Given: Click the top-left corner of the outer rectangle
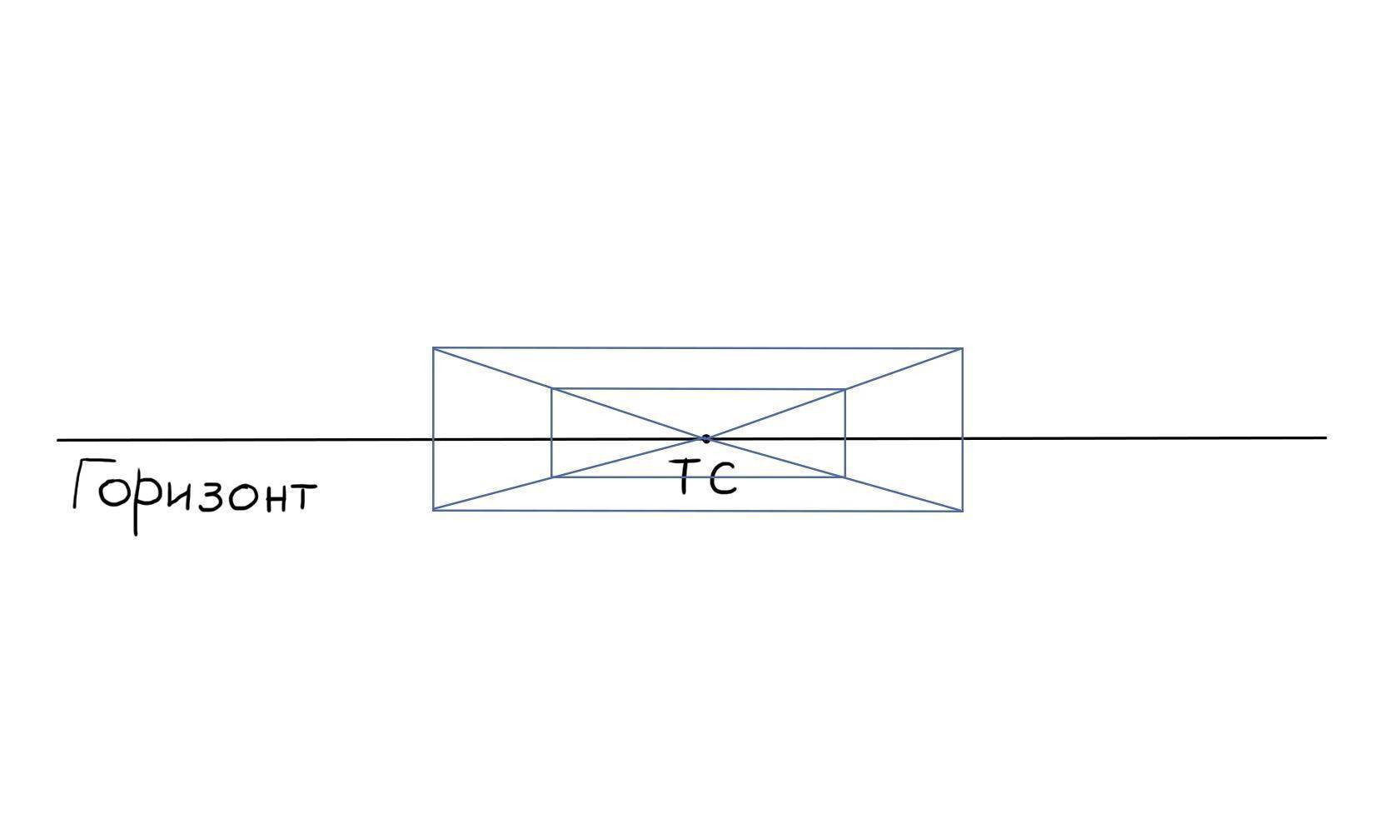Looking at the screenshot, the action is pyautogui.click(x=433, y=348).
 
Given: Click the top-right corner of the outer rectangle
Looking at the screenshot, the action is pyautogui.click(x=962, y=349).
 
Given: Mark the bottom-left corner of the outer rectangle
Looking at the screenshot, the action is pyautogui.click(x=433, y=510).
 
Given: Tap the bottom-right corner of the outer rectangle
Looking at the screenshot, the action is pyautogui.click(x=962, y=511).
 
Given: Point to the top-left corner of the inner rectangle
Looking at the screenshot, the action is pyautogui.click(x=552, y=389).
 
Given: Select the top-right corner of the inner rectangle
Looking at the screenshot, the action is pyautogui.click(x=844, y=390).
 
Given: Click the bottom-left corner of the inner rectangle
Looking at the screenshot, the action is pyautogui.click(x=552, y=477).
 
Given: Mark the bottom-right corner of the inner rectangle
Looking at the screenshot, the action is pyautogui.click(x=844, y=477).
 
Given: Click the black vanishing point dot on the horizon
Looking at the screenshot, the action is pyautogui.click(x=705, y=438).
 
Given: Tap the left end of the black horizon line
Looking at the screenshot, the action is pyautogui.click(x=58, y=441).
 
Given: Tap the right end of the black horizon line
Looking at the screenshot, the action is pyautogui.click(x=1326, y=438).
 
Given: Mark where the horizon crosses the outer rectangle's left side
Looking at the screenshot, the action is pyautogui.click(x=433, y=440).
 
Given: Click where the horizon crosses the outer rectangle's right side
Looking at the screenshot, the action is pyautogui.click(x=962, y=438).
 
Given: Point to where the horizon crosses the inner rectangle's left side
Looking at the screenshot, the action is pyautogui.click(x=552, y=439).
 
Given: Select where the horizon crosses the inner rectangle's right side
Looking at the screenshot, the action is pyautogui.click(x=844, y=438).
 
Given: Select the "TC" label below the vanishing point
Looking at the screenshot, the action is pyautogui.click(x=707, y=477).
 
